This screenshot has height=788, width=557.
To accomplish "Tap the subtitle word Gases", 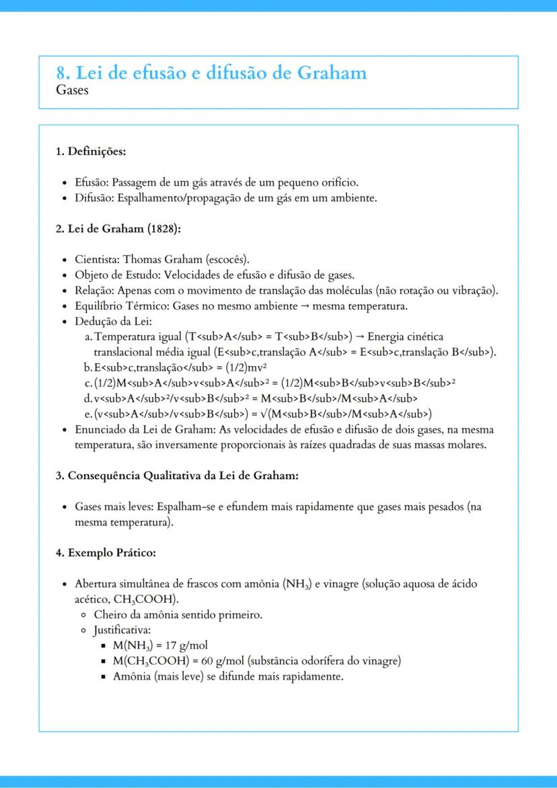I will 72,89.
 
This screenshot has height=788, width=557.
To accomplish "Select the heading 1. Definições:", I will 91,151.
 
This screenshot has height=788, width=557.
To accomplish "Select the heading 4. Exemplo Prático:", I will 106,553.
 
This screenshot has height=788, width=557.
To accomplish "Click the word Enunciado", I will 100,429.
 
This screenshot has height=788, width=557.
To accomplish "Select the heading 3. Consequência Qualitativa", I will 176,476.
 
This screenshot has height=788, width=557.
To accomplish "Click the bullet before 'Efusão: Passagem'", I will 63,183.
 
